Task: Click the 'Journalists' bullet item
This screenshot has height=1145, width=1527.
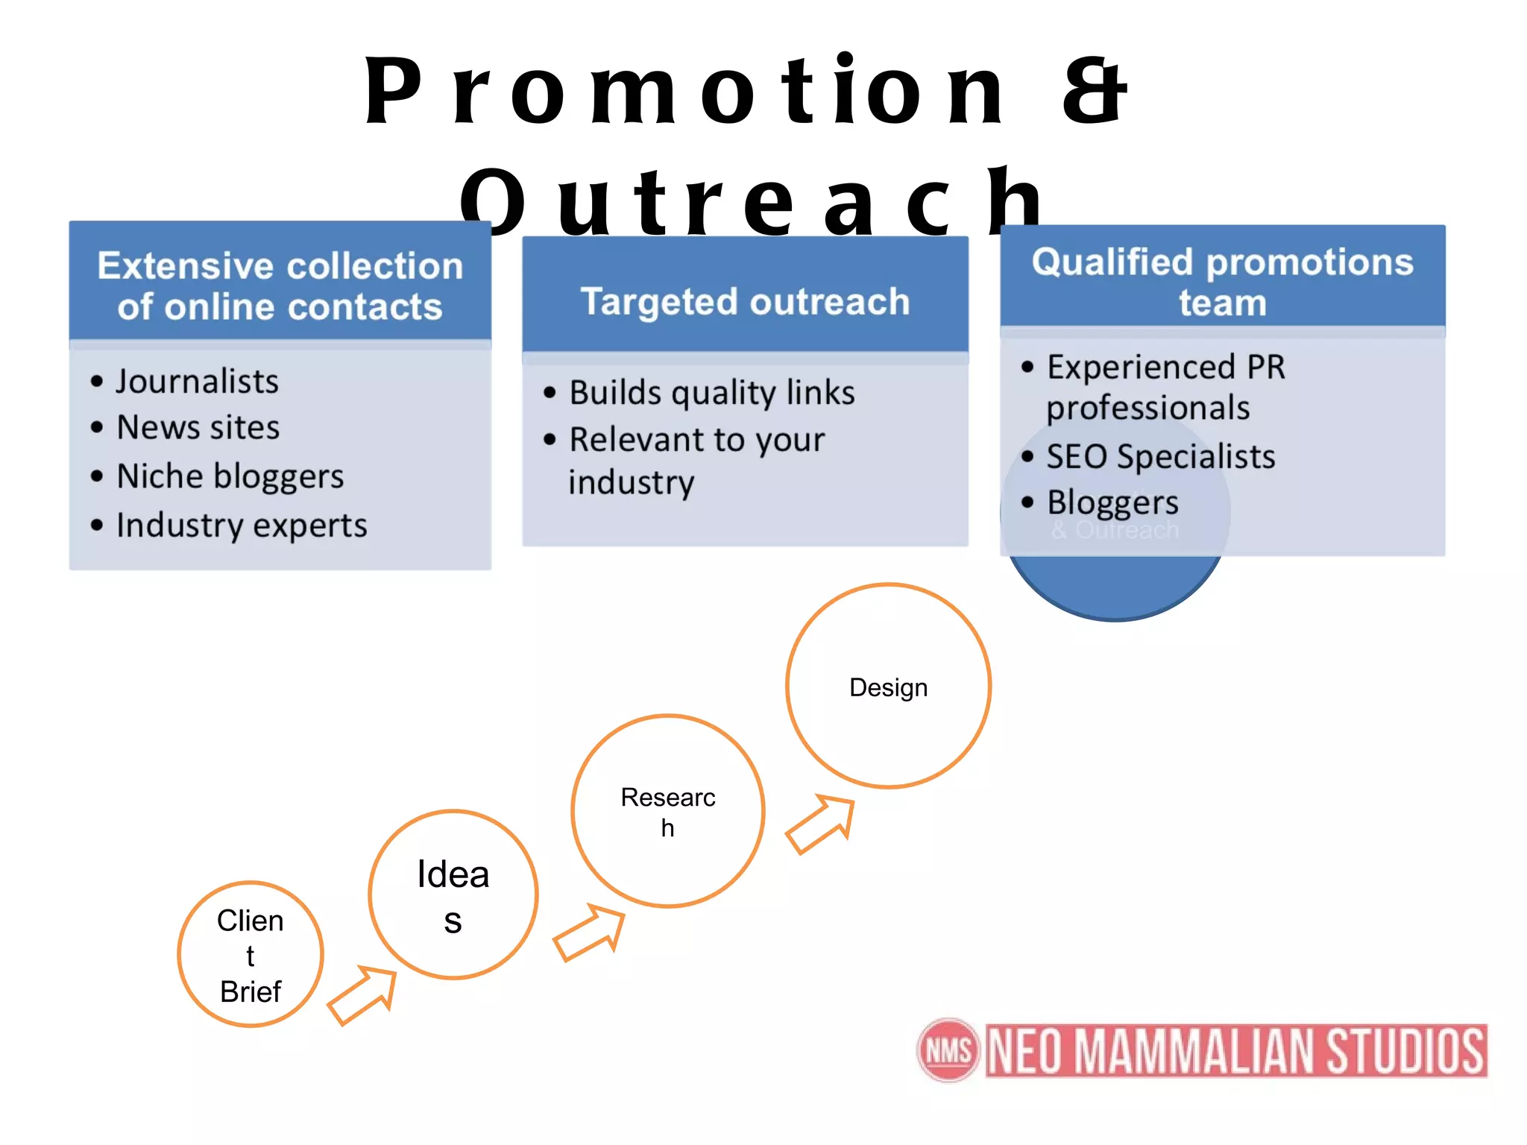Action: click(x=197, y=382)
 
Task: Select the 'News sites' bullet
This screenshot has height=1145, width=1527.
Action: click(x=198, y=428)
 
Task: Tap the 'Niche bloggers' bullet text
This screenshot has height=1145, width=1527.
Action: click(x=230, y=476)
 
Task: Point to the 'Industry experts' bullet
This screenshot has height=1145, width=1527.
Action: click(x=242, y=526)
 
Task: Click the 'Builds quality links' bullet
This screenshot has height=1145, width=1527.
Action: click(x=711, y=393)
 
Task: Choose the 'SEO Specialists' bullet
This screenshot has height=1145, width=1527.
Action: click(x=1160, y=457)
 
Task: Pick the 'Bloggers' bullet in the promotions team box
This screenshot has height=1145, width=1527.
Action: click(x=1112, y=503)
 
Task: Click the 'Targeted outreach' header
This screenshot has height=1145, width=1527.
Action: click(x=745, y=302)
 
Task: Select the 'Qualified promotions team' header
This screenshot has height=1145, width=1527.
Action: click(x=1222, y=282)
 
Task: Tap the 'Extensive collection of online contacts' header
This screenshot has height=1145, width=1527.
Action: click(x=280, y=286)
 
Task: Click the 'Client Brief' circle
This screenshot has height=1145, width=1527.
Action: click(x=251, y=955)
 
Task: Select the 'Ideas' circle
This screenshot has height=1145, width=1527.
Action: click(x=453, y=895)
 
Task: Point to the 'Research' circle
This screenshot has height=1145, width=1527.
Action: click(x=668, y=811)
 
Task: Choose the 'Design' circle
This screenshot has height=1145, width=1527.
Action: click(x=888, y=687)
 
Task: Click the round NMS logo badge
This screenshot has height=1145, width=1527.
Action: click(x=948, y=1050)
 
